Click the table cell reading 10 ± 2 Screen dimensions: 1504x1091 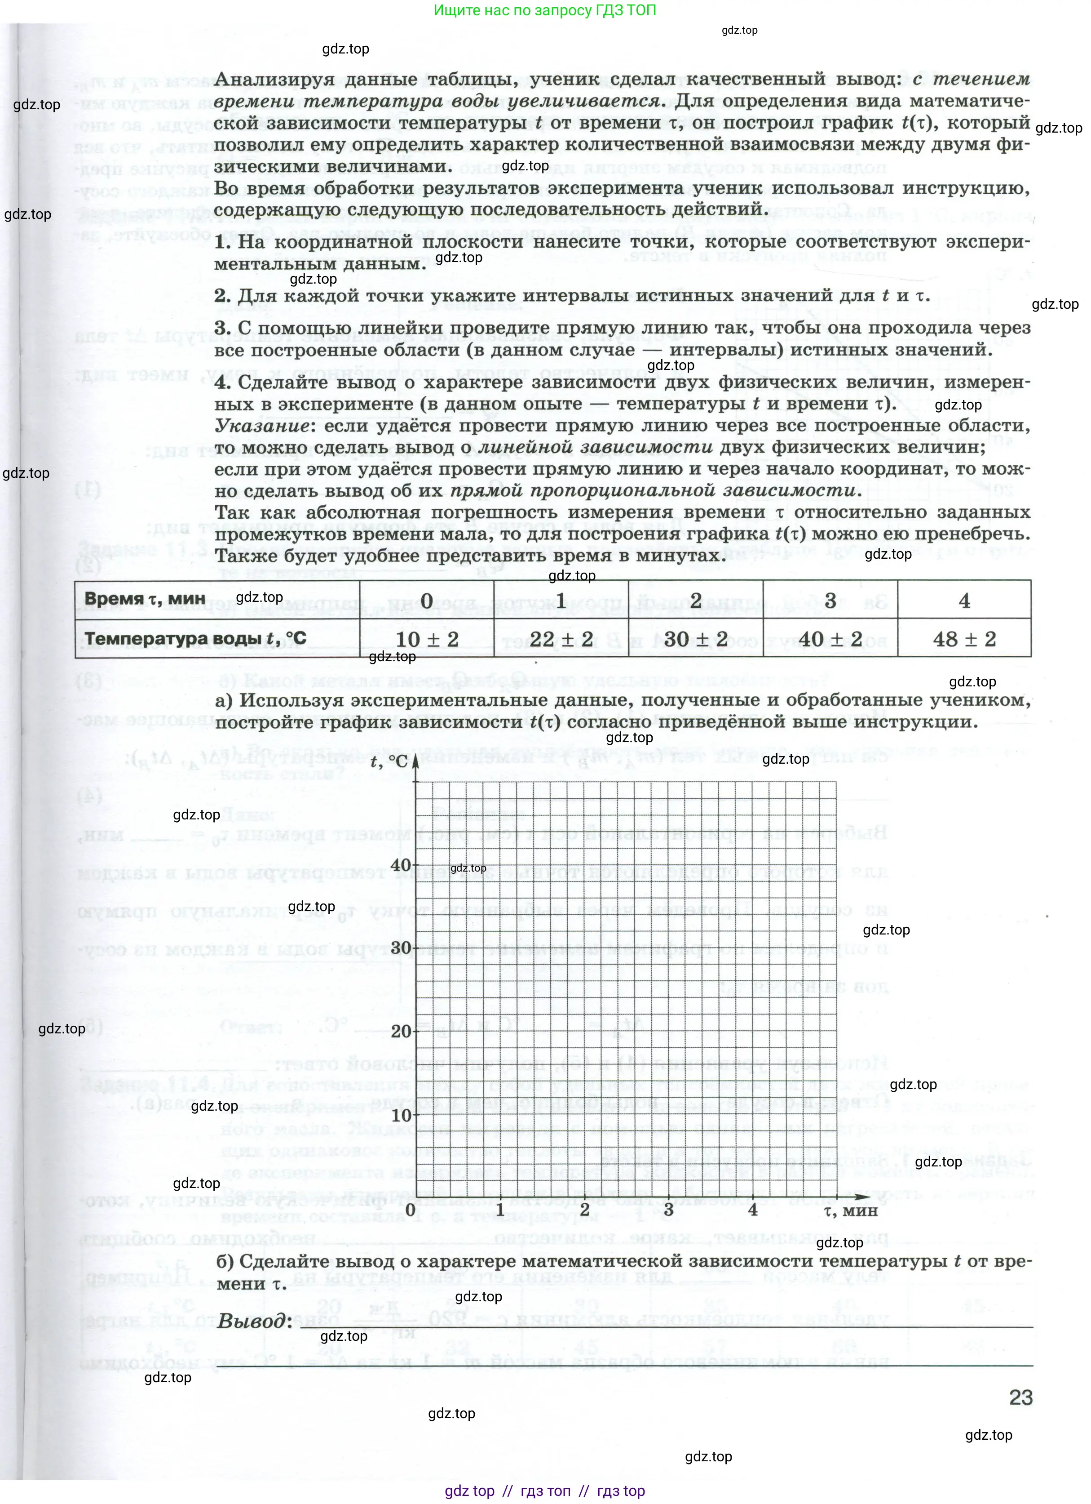coord(427,639)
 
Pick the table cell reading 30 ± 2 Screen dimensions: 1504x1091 coord(695,639)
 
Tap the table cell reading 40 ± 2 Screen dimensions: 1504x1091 coord(830,639)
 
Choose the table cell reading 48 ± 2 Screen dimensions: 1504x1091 coord(964,639)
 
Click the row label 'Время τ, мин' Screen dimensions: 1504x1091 coord(145,599)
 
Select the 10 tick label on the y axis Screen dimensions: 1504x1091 coord(401,1115)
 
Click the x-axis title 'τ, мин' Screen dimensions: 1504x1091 coord(850,1210)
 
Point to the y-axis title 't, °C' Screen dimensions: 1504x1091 coord(389,761)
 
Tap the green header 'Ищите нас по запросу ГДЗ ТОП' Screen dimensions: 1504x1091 coord(545,11)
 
